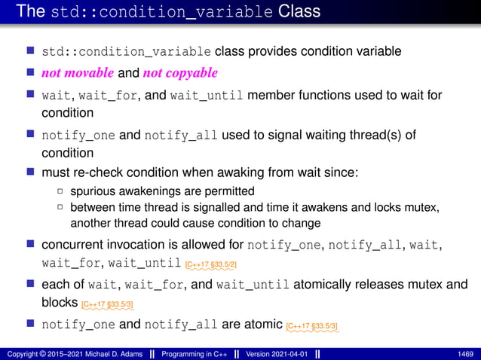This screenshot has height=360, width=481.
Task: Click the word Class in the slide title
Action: [299, 11]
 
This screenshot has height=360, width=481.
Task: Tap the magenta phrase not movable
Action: [75, 73]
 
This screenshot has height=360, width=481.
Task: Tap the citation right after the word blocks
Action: [108, 304]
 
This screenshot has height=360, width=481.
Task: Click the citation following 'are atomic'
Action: [312, 325]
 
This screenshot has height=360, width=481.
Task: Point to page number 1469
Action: [466, 353]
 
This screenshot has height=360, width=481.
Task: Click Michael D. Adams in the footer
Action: [98, 353]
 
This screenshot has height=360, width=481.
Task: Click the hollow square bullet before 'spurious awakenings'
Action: [60, 191]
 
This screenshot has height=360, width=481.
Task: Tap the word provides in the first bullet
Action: [268, 52]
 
